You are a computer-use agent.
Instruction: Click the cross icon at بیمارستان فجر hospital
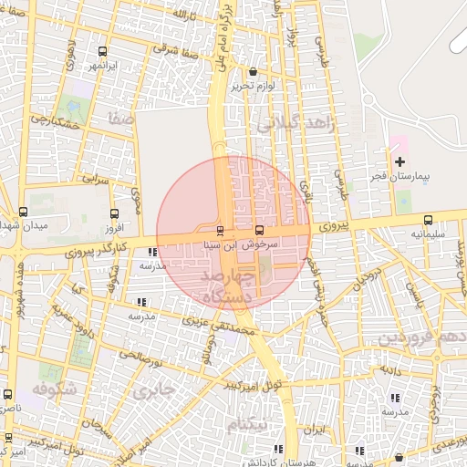point(400,161)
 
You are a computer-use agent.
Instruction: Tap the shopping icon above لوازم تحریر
point(253,71)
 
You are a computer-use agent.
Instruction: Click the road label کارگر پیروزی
point(91,246)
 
